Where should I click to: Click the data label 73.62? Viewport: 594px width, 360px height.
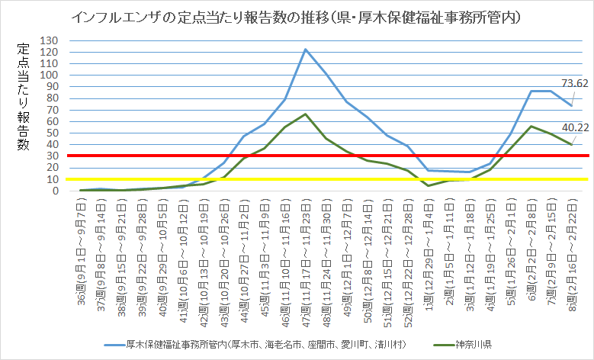[574, 83]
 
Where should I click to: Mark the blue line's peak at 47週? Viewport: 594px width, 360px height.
[305, 49]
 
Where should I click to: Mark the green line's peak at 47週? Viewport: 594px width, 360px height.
[305, 114]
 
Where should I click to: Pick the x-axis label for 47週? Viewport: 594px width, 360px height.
[305, 252]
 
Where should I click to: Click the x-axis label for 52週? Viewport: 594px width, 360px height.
[407, 252]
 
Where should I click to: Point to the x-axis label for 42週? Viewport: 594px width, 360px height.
[203, 252]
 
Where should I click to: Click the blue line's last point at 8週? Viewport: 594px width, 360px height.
[571, 105]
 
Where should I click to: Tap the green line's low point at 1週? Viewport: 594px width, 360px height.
[428, 185]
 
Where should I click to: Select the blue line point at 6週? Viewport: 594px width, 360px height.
[530, 91]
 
